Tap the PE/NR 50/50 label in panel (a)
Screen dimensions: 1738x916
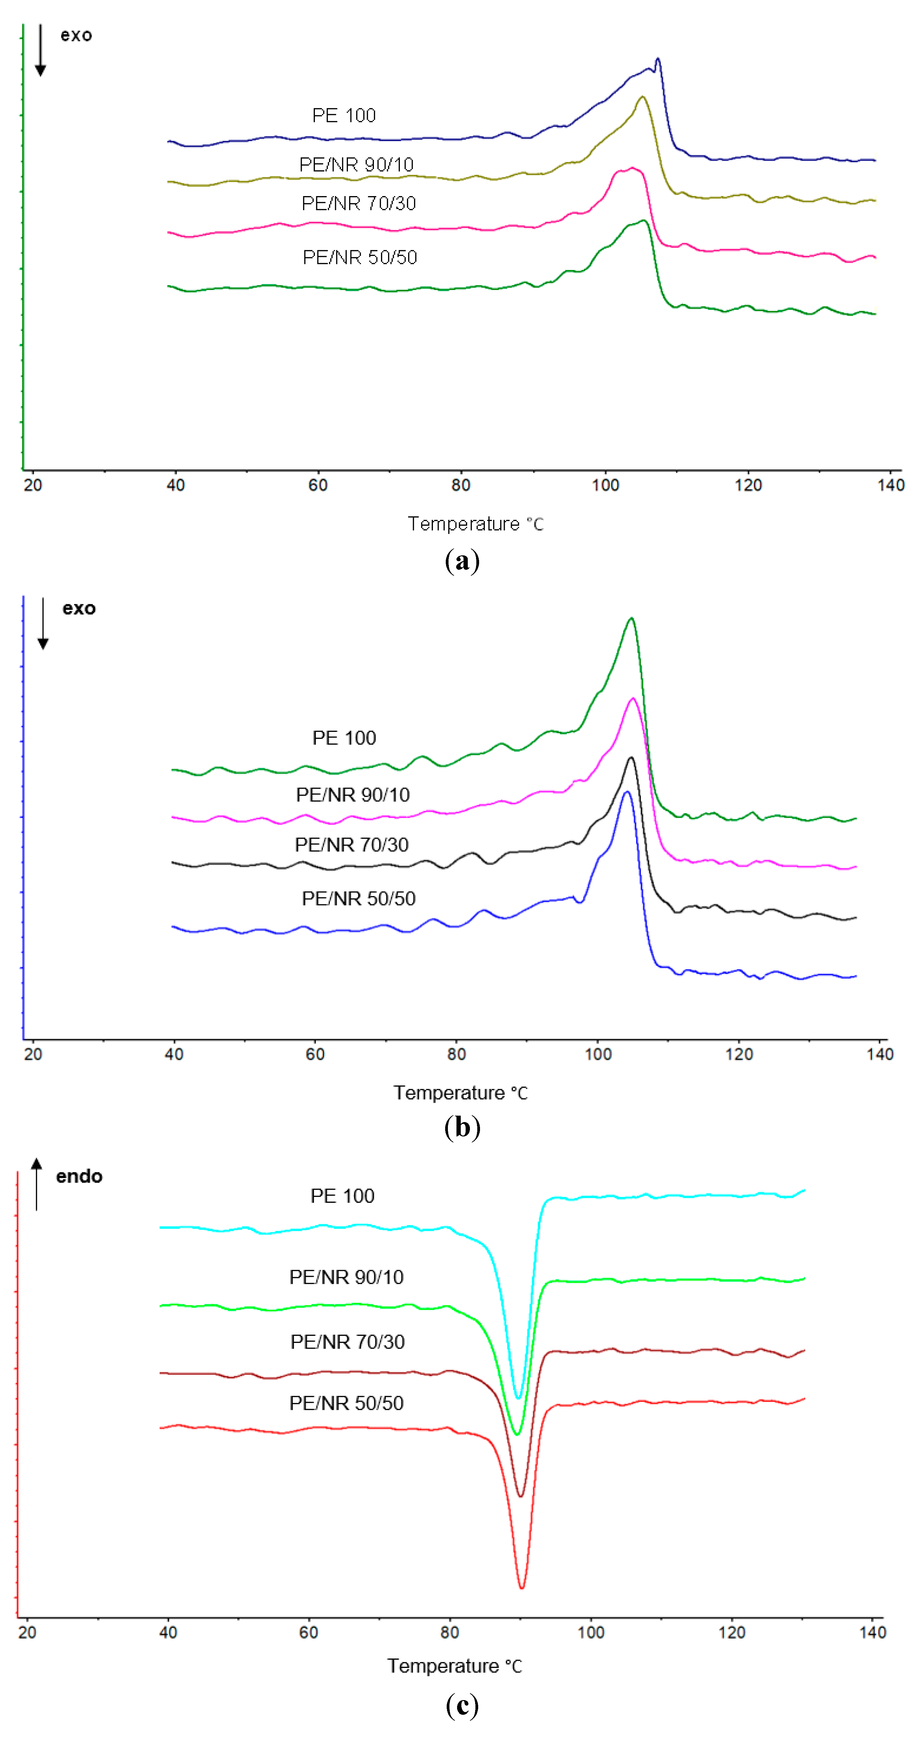tap(360, 257)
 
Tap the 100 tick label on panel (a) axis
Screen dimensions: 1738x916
tap(605, 485)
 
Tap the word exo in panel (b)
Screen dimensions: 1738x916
tap(79, 609)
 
